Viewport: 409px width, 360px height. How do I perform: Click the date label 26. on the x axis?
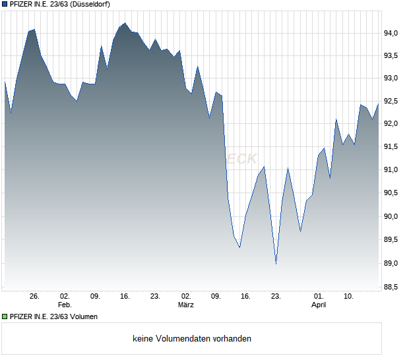(x=35, y=296)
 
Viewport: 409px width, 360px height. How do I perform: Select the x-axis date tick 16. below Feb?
(x=125, y=296)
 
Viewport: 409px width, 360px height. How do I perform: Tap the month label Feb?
(x=65, y=305)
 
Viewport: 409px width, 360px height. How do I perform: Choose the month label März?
(x=185, y=305)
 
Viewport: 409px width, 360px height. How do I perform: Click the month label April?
(x=319, y=305)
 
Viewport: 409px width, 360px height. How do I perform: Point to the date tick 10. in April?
(x=350, y=296)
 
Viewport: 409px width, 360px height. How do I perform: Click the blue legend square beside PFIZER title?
(x=5, y=4)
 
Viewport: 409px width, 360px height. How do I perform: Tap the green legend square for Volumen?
(x=5, y=316)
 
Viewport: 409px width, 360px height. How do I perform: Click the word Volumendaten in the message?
(x=183, y=339)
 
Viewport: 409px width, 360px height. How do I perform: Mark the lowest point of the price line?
(x=276, y=264)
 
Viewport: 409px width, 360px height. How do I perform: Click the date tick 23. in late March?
(x=276, y=296)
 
